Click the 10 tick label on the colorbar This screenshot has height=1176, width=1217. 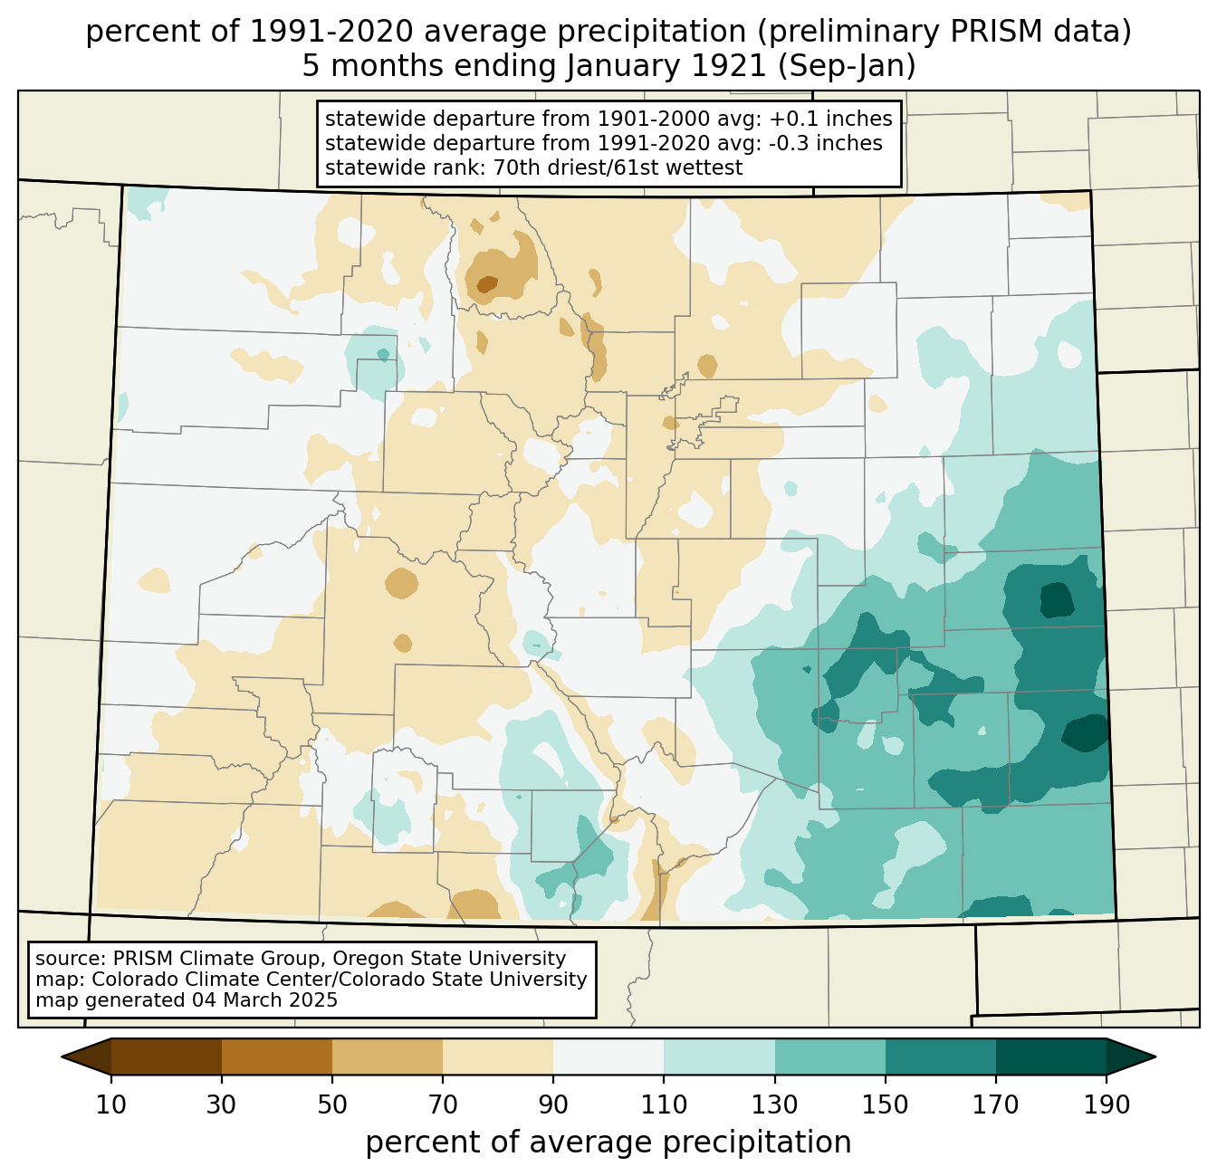coord(111,1104)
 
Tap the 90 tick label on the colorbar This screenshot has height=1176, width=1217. coord(553,1104)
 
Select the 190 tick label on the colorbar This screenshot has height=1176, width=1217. coord(1106,1104)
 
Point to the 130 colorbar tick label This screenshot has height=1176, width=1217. coord(774,1104)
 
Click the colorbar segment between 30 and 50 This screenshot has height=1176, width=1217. coord(277,1056)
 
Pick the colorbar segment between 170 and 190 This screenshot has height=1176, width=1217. coord(1050,1056)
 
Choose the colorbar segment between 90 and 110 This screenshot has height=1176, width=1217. coord(608,1056)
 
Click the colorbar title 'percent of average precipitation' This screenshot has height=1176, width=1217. coord(608,1143)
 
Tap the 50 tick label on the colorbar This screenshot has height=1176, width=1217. coord(332,1104)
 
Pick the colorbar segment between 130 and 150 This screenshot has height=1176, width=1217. coord(829,1056)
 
